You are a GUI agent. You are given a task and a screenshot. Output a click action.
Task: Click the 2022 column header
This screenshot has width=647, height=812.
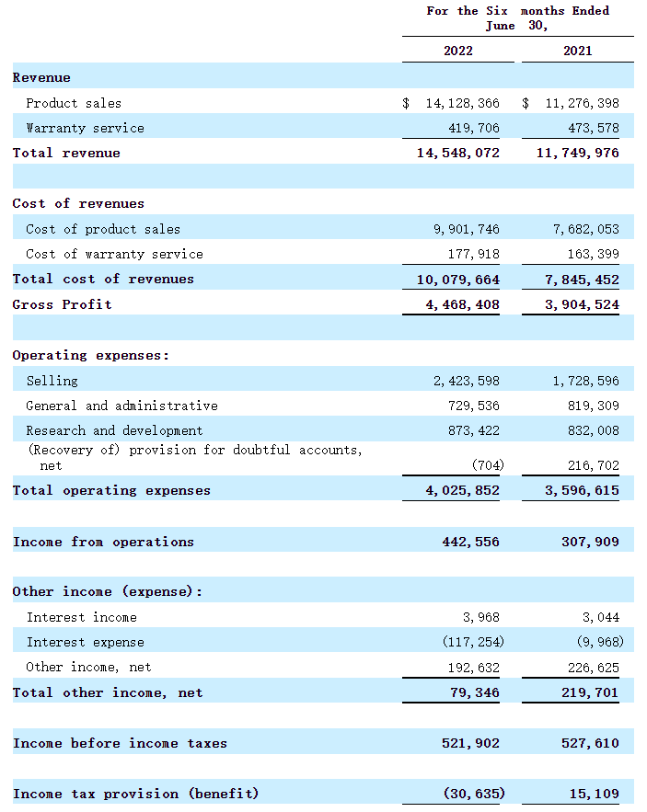(x=457, y=51)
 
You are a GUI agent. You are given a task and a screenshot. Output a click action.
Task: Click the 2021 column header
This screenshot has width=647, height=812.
(x=577, y=51)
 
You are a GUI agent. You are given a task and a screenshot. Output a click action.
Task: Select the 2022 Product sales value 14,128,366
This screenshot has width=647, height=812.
(x=462, y=103)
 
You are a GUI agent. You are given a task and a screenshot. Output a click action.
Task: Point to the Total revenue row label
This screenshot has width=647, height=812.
(x=66, y=153)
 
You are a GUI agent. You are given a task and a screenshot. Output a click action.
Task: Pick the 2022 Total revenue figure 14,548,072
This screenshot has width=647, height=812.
(x=458, y=153)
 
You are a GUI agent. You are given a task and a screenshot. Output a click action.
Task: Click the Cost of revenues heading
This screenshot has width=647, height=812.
(x=78, y=203)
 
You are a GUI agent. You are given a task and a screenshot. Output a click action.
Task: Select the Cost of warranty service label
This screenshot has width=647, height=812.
(x=114, y=254)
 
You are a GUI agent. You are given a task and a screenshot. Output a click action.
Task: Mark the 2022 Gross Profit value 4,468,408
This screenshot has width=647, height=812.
(x=462, y=304)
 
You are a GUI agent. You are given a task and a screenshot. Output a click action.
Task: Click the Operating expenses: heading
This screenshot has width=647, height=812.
(x=90, y=355)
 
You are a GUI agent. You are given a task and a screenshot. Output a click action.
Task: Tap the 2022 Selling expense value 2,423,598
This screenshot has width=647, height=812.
(x=467, y=380)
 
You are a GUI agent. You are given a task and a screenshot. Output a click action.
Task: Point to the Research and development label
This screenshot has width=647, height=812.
(x=114, y=430)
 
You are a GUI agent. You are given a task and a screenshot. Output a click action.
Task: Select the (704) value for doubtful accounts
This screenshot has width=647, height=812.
(x=487, y=465)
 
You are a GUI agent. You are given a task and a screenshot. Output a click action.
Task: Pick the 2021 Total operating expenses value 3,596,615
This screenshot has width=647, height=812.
(x=582, y=490)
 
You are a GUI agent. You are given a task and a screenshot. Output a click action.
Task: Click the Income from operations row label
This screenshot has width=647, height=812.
(x=103, y=542)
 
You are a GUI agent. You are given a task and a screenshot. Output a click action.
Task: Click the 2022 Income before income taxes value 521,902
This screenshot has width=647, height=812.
(x=470, y=743)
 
